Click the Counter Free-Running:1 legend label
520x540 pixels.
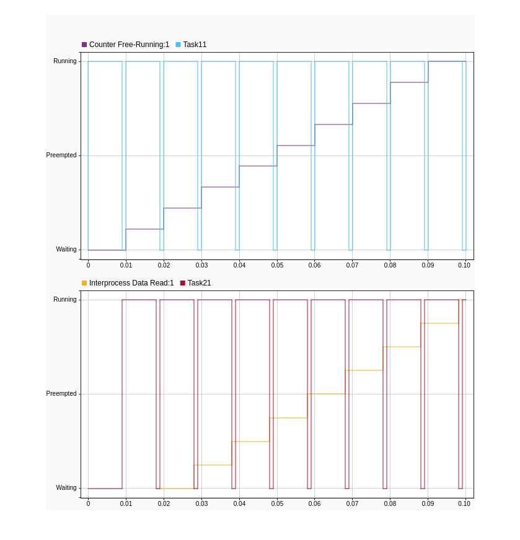pos(129,45)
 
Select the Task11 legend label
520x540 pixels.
pos(195,45)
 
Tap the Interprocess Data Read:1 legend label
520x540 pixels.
pos(131,283)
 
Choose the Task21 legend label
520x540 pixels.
pos(199,283)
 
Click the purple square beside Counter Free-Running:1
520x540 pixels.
pos(84,45)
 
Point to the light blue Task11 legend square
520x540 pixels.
pos(178,45)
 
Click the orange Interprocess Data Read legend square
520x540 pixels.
pos(84,283)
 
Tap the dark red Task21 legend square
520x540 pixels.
pos(183,283)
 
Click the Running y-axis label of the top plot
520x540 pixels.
pos(65,61)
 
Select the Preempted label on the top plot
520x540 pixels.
pos(61,155)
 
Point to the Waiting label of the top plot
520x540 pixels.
pos(66,250)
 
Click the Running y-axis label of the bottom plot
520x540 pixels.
pos(65,300)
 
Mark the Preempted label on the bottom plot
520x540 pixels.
pos(61,394)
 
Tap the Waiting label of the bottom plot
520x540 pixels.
pos(66,488)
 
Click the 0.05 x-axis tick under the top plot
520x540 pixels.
pos(277,266)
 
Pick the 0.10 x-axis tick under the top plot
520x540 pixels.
pos(464,266)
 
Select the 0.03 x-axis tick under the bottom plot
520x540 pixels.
pos(201,504)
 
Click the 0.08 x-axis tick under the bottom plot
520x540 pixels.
pos(390,504)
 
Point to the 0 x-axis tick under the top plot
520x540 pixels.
pos(88,266)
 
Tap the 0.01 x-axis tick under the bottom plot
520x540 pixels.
pos(126,504)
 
